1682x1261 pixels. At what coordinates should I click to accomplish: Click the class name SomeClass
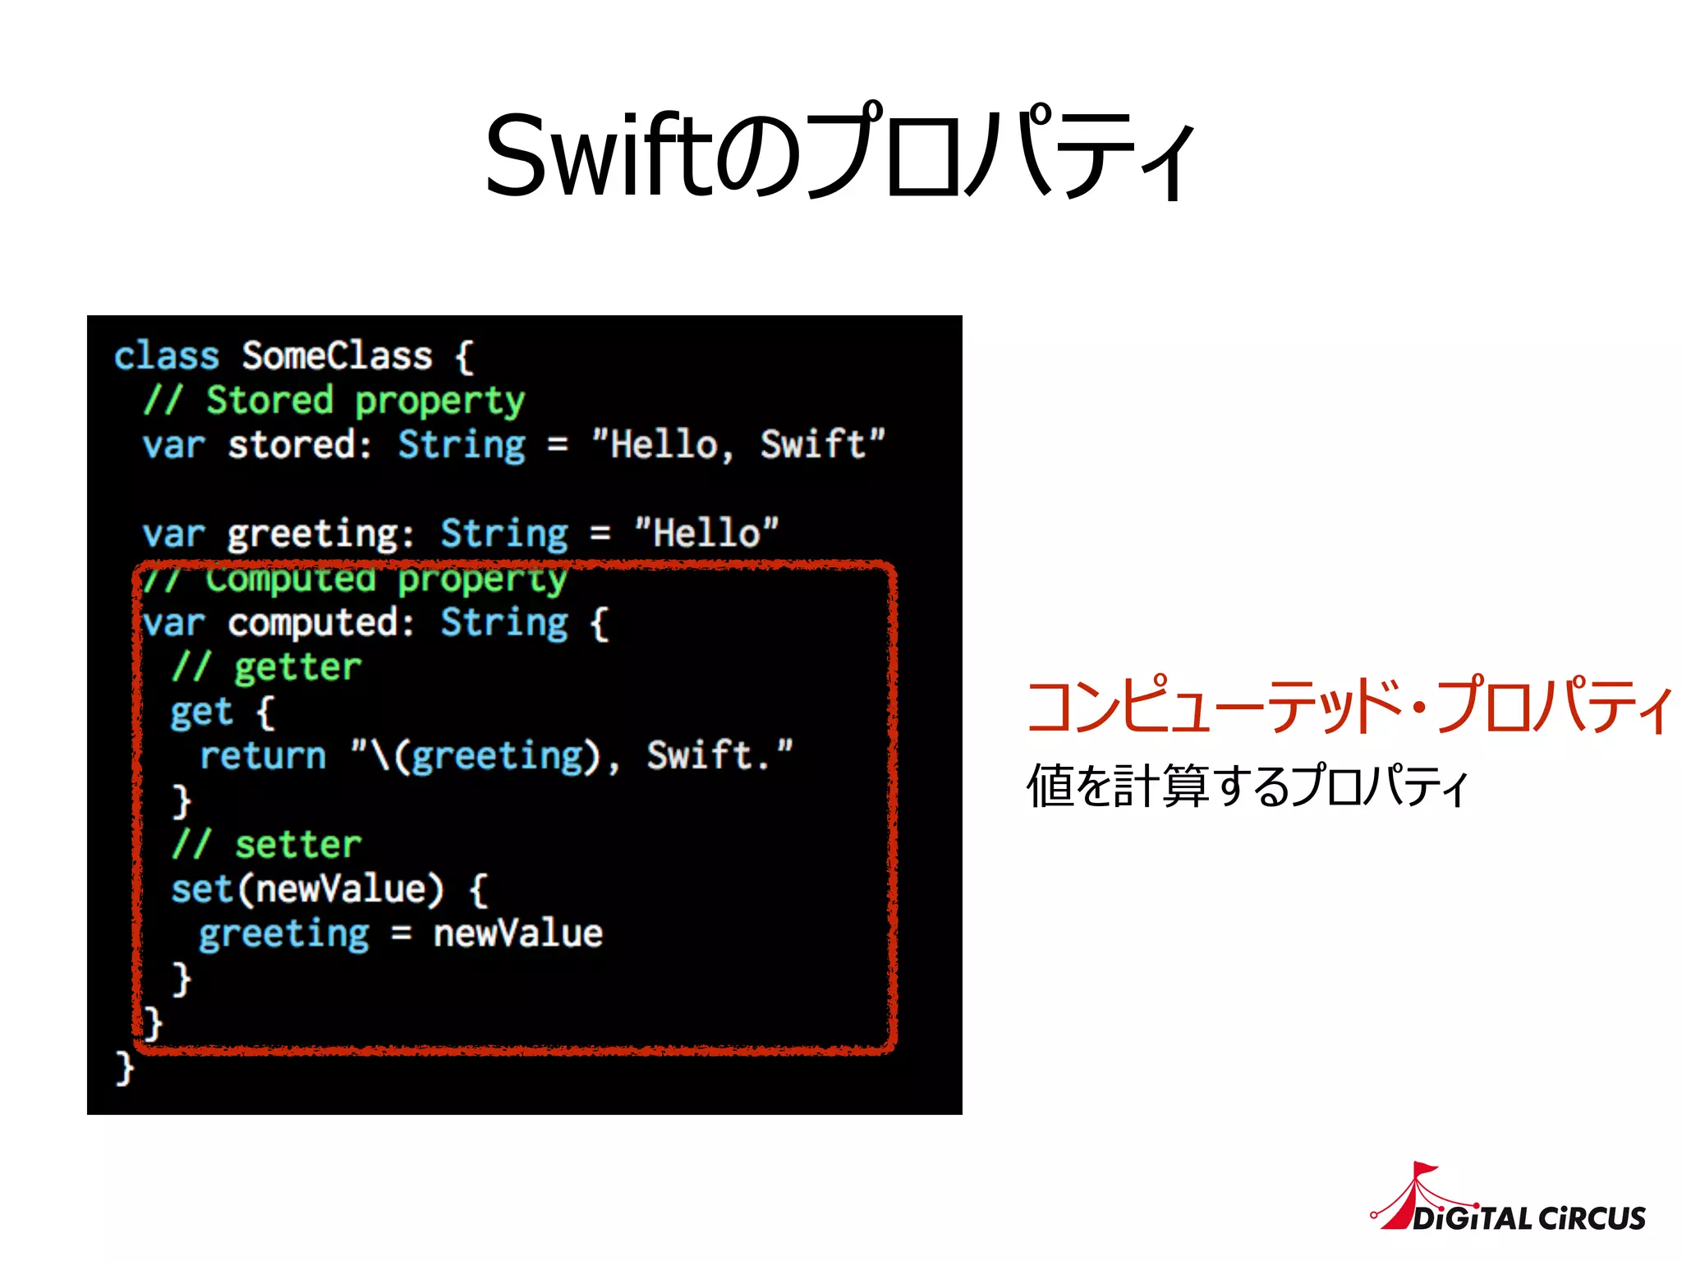coord(337,356)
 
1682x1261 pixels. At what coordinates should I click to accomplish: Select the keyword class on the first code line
coord(167,356)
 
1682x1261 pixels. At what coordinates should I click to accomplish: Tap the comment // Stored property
coord(334,401)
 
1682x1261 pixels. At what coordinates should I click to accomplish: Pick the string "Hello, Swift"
coord(738,444)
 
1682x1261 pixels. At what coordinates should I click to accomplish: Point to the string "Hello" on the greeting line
coord(706,534)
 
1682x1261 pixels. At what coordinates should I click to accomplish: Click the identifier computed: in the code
coord(321,623)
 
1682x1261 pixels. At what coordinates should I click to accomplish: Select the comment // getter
coord(267,667)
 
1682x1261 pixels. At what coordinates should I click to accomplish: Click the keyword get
coord(201,712)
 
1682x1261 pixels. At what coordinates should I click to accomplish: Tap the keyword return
coord(263,756)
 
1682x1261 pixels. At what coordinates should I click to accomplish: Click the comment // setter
coord(267,845)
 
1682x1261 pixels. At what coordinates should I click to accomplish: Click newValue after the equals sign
coord(518,933)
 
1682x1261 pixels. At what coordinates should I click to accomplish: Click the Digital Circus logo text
coord(1529,1217)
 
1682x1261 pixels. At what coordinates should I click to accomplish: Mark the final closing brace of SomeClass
coord(124,1067)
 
